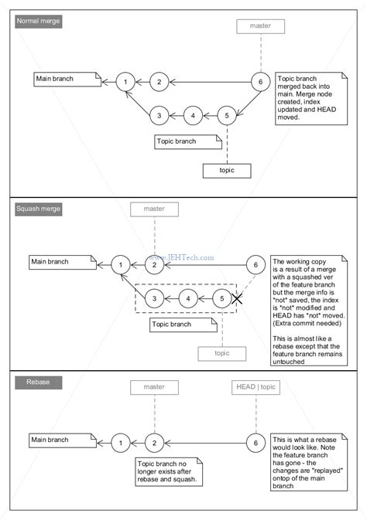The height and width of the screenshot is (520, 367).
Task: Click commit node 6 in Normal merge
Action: click(x=261, y=81)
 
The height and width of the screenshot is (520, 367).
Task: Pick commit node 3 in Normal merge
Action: click(x=158, y=115)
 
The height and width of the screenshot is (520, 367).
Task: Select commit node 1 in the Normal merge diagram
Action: click(x=125, y=81)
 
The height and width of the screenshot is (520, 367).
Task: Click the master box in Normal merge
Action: click(x=261, y=26)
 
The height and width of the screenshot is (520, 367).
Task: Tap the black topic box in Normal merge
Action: click(x=228, y=170)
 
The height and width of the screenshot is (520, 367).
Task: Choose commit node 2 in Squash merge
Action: click(x=154, y=265)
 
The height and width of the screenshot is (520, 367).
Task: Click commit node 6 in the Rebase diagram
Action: click(x=255, y=443)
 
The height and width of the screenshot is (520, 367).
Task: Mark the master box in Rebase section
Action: click(x=154, y=386)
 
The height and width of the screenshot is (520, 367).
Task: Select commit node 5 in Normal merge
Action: click(x=225, y=115)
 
